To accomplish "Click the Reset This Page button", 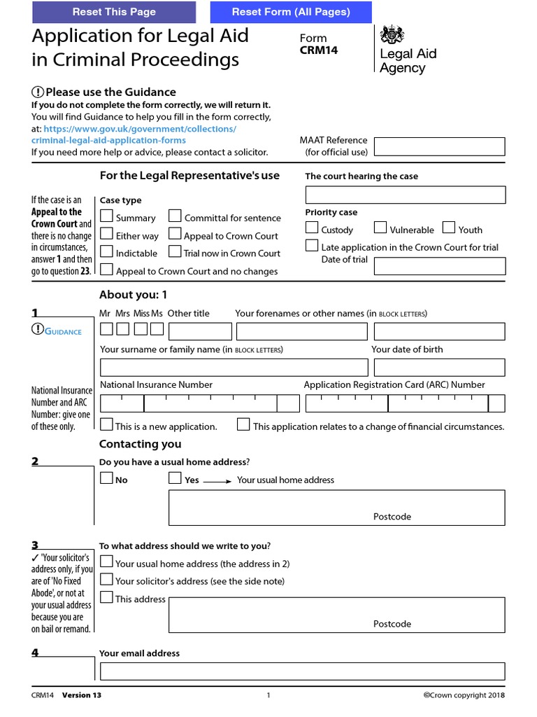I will coord(114,12).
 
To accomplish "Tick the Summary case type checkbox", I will coord(106,216).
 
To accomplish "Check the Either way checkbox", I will coord(106,234).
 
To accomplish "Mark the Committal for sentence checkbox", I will coord(175,216).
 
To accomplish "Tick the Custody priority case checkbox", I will coord(312,228).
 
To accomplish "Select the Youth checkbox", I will coord(449,228).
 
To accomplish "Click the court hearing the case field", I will coord(405,195).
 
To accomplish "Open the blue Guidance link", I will coord(63,331).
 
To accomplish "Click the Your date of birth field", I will coord(439,368).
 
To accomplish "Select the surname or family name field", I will coord(234,368).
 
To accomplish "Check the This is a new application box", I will coord(106,424).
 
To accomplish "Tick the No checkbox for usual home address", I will coord(106,478).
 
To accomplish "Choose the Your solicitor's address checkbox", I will coord(106,579).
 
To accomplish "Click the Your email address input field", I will coord(302,671).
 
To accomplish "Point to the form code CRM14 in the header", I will coord(319,50).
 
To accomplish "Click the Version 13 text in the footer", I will coord(82,695).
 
